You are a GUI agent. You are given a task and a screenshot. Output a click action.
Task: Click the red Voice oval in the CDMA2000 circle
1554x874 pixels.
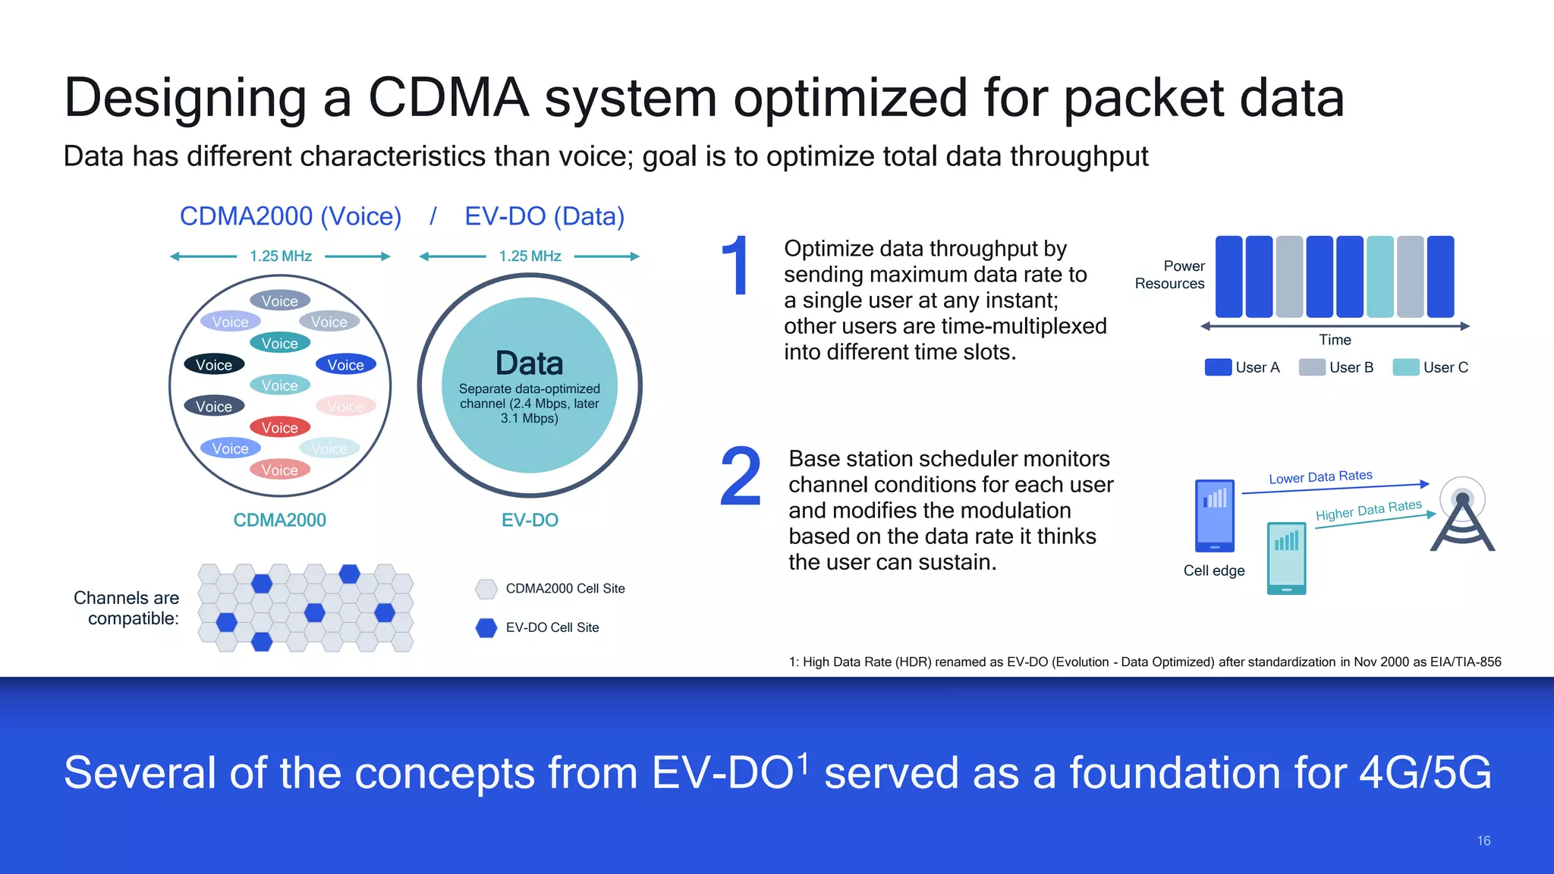[x=279, y=428]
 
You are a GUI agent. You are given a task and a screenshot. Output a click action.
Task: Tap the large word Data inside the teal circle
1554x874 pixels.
[x=529, y=363]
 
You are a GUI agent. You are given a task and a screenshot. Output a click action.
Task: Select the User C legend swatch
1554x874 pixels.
[x=1405, y=367]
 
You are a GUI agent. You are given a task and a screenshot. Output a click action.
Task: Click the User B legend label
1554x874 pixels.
[x=1351, y=367]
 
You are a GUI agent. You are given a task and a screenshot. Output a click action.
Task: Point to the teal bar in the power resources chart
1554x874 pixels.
[x=1379, y=277]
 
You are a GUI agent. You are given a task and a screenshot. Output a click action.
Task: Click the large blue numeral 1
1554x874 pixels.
[x=735, y=266]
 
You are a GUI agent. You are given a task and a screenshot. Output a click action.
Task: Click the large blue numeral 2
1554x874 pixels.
[x=740, y=476]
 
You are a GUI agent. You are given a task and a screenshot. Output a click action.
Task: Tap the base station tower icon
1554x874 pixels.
[x=1462, y=516]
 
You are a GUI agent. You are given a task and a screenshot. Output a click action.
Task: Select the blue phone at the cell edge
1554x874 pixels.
[x=1214, y=516]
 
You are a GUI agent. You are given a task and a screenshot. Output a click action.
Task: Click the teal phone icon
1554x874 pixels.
[x=1286, y=558]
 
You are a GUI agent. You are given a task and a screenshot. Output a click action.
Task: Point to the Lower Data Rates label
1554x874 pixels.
[x=1320, y=476]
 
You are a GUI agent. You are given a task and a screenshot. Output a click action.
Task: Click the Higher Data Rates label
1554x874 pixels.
[x=1368, y=510]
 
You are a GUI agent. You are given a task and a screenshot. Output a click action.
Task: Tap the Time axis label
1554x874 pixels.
[x=1335, y=340]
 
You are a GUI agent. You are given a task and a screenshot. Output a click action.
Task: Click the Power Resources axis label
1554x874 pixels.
[x=1169, y=275]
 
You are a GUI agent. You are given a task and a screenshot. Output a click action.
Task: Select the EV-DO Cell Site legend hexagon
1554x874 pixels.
[x=486, y=627]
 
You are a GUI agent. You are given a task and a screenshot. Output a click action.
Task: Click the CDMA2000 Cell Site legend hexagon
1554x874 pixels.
[x=486, y=589]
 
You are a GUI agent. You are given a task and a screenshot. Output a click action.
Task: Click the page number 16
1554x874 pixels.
[x=1483, y=841]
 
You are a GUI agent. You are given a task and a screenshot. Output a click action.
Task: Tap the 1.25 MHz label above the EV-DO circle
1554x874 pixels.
[x=530, y=256]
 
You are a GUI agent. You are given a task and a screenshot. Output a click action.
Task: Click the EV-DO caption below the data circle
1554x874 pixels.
[x=530, y=520]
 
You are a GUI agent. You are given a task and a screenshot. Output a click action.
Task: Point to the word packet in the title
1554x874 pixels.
[x=1143, y=99]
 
